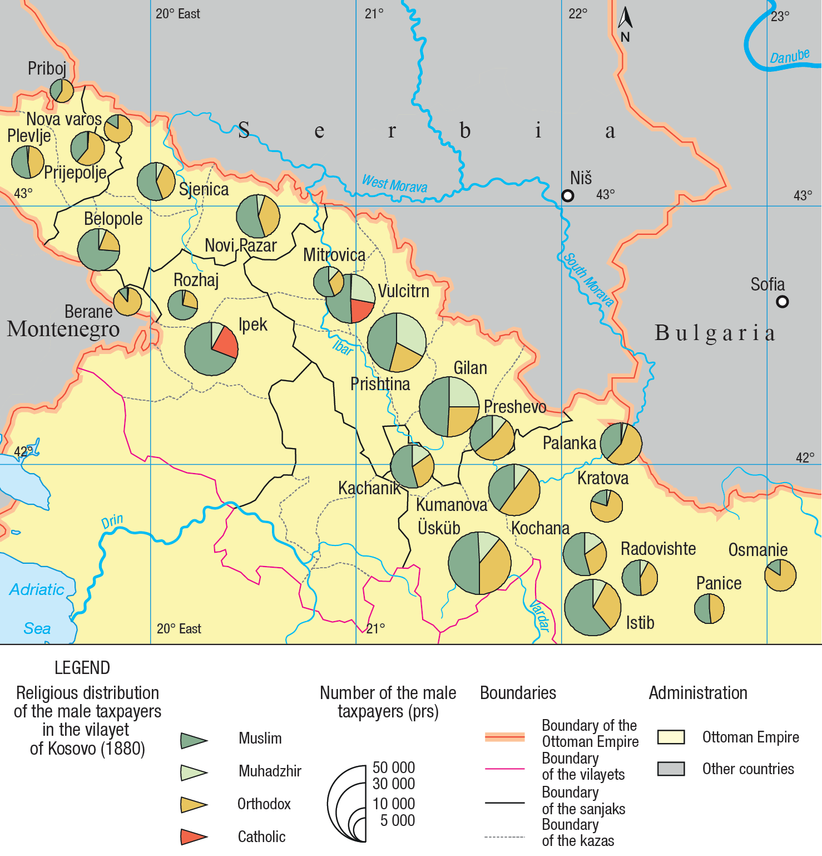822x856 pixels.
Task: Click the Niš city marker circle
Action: click(x=567, y=195)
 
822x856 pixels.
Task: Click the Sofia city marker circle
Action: click(x=782, y=302)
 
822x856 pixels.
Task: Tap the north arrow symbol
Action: click(x=625, y=18)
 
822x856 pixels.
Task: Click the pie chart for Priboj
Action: click(x=61, y=90)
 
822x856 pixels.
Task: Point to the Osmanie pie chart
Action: click(x=780, y=575)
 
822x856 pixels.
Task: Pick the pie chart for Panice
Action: click(x=709, y=608)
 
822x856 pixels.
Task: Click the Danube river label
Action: click(x=789, y=56)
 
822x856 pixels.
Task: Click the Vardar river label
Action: click(x=539, y=616)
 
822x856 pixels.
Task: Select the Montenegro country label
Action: click(x=63, y=329)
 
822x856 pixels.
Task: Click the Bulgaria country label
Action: click(x=714, y=333)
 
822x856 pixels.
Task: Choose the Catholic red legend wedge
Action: click(x=193, y=837)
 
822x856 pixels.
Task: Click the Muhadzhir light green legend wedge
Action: click(x=193, y=772)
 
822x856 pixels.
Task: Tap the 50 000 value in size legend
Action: click(x=394, y=768)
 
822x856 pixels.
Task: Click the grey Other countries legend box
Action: click(x=670, y=769)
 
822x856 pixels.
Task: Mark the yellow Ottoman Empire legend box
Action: click(x=670, y=737)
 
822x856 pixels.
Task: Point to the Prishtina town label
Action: click(x=380, y=384)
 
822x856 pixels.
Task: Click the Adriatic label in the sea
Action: click(x=37, y=589)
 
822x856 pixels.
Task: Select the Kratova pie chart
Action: click(x=606, y=505)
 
